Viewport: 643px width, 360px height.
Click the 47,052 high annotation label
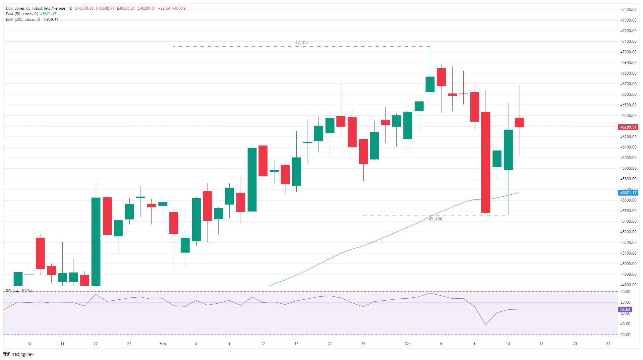(302, 43)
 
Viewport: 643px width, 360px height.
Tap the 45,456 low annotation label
(435, 219)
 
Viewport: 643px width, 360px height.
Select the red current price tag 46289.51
(628, 127)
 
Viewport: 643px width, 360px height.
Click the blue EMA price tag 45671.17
(628, 193)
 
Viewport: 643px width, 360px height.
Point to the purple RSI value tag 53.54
(625, 310)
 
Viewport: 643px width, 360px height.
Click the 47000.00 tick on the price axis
(628, 52)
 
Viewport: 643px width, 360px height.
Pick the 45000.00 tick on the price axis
(628, 264)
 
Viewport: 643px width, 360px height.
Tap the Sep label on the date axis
(162, 344)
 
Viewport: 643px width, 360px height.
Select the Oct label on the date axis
(407, 344)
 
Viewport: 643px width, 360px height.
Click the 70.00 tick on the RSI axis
(625, 292)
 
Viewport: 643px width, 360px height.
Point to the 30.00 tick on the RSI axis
(625, 335)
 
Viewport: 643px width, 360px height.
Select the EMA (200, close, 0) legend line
(23, 20)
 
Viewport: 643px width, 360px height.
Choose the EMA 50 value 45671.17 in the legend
(48, 14)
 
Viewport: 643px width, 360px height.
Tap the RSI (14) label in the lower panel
(13, 291)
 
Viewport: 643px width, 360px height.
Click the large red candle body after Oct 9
(486, 162)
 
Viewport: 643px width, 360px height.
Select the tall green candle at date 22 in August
(96, 241)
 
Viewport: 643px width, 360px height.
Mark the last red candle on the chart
(519, 122)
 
